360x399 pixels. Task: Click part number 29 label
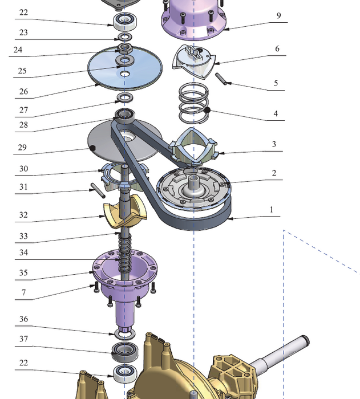point(23,148)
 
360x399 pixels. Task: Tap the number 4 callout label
point(276,114)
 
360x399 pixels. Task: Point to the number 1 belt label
point(272,210)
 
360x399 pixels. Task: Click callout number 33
point(23,236)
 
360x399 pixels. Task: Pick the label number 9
point(278,16)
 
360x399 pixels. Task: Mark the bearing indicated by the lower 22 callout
point(124,374)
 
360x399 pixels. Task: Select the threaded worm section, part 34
point(122,251)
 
